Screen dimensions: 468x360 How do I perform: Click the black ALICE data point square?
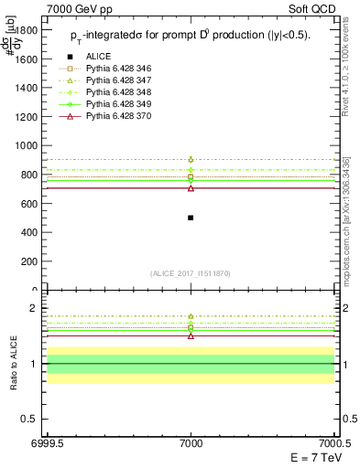point(191,218)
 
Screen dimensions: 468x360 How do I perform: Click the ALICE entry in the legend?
point(98,58)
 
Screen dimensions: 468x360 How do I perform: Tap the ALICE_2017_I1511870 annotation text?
point(191,274)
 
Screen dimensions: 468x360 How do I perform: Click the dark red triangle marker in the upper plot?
point(191,187)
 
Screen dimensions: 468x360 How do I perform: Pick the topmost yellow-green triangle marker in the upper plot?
point(191,159)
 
